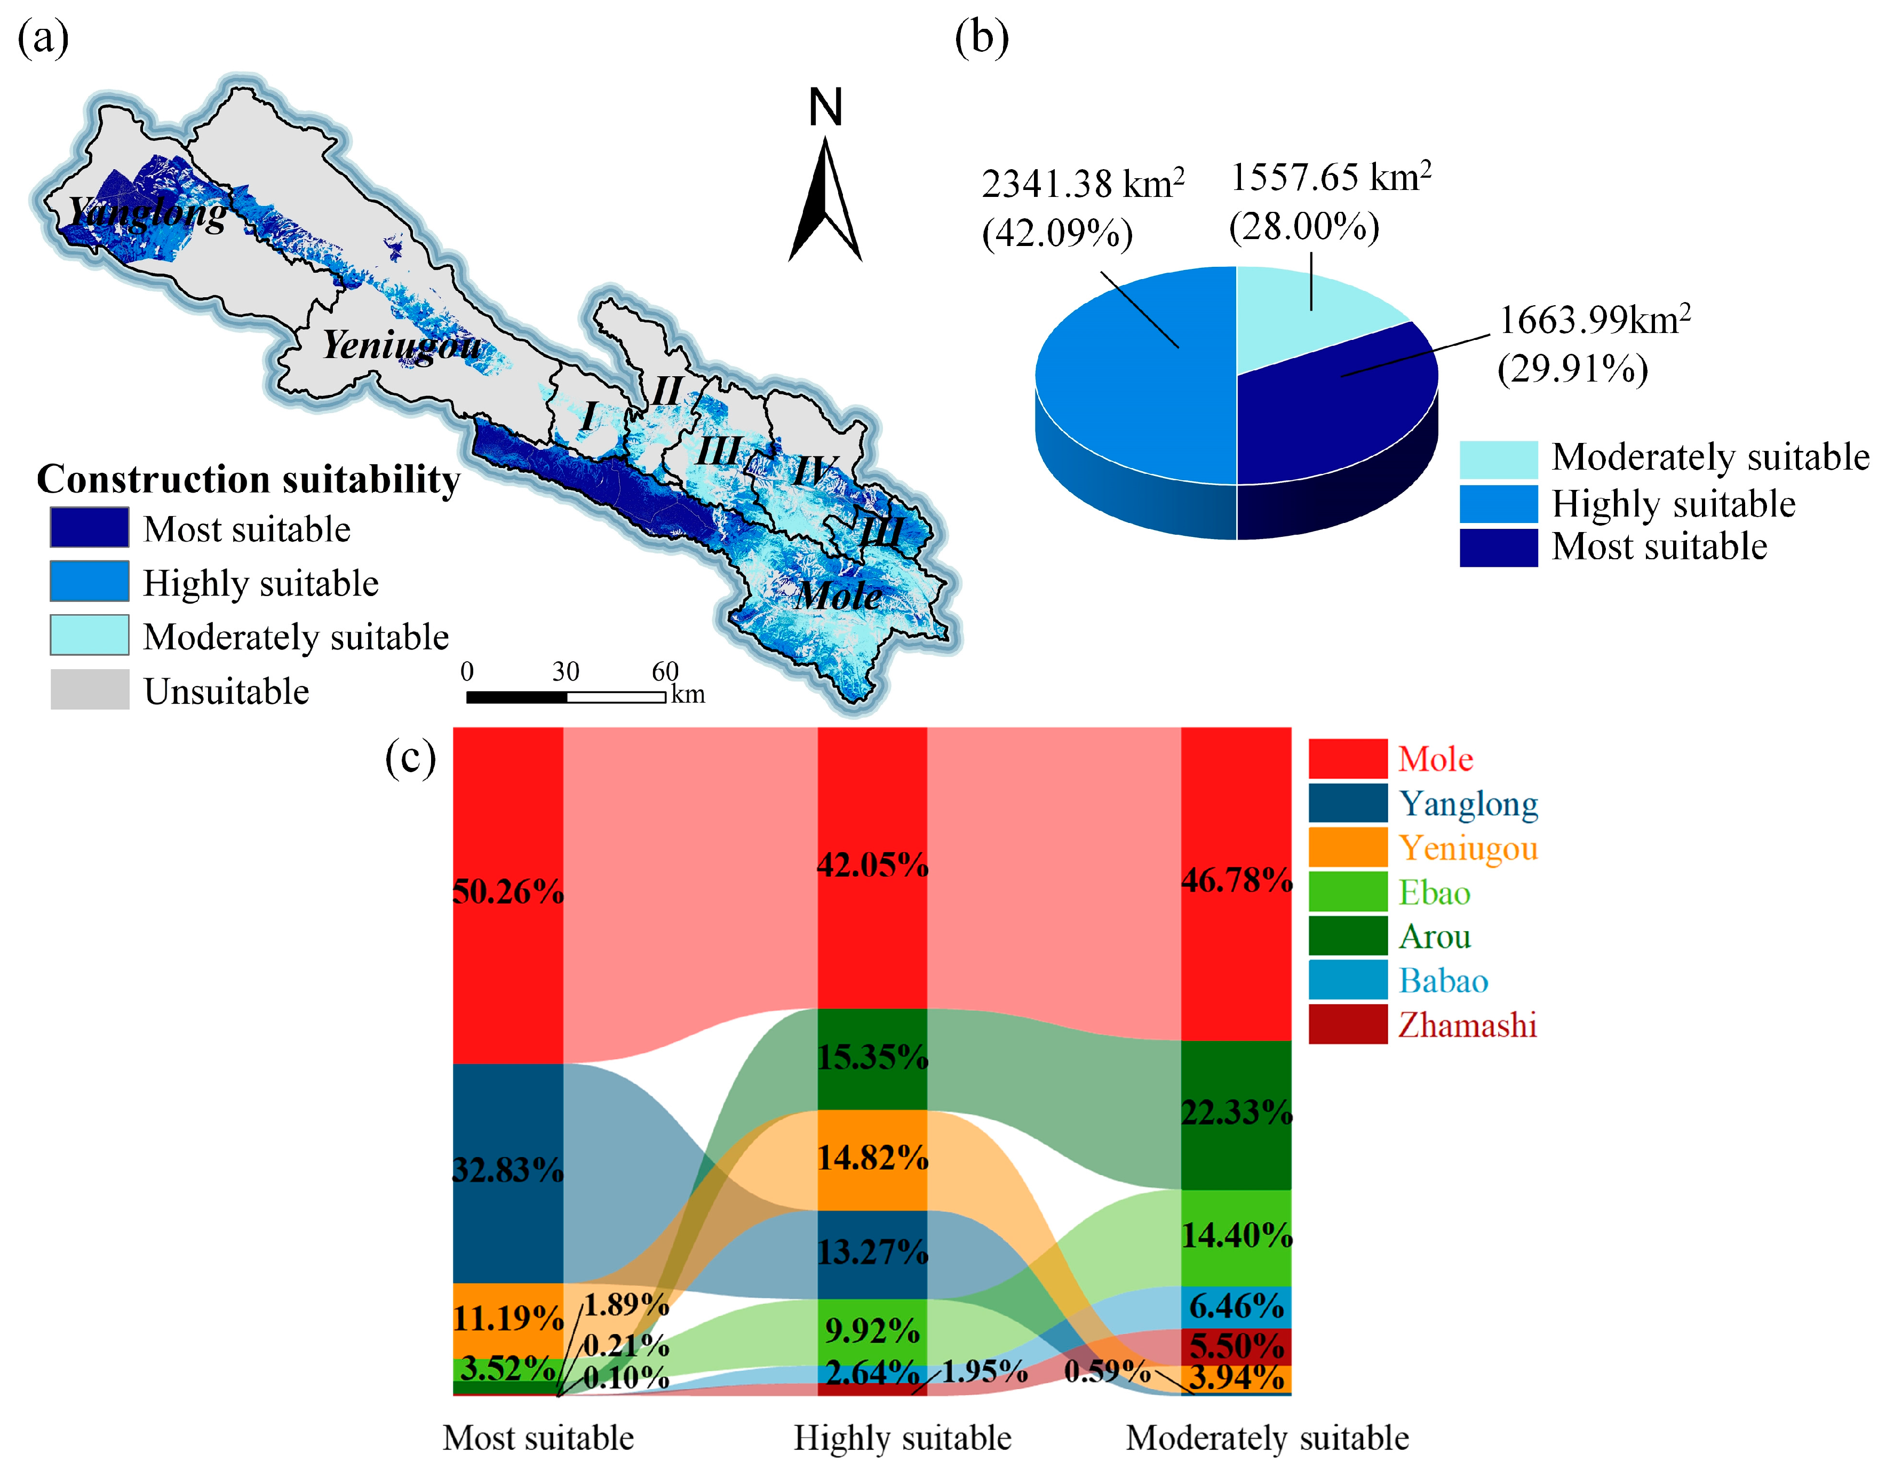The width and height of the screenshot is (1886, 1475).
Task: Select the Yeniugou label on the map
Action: pos(402,345)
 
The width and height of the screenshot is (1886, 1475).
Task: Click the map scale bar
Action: pos(566,696)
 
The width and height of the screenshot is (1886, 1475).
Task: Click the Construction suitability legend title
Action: pos(248,479)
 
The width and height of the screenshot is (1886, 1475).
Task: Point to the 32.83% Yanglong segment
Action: pos(508,1171)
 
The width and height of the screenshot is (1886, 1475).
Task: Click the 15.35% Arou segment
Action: pos(872,1058)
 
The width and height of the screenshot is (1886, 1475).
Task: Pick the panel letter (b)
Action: pos(982,39)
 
